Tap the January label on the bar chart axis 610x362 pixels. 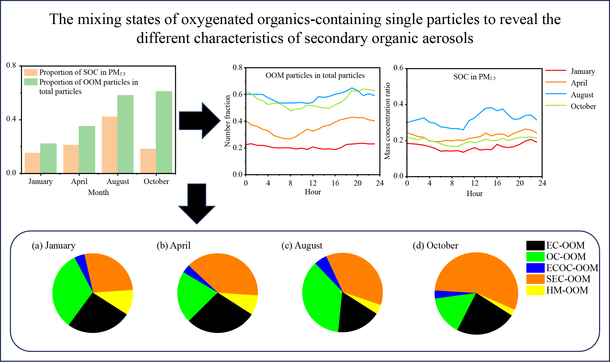coord(41,181)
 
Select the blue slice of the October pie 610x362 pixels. coord(442,294)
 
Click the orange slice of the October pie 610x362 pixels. coord(479,274)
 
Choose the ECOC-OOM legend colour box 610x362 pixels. coord(535,268)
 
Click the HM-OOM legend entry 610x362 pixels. coord(567,290)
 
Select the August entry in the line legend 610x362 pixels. coord(582,95)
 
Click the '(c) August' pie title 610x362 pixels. coord(302,245)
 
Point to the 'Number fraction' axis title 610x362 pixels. coord(227,121)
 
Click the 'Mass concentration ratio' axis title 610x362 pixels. coord(388,121)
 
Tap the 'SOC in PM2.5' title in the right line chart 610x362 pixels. coord(474,77)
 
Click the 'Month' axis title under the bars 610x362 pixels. coord(98,192)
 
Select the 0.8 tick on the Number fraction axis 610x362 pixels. coord(238,67)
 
